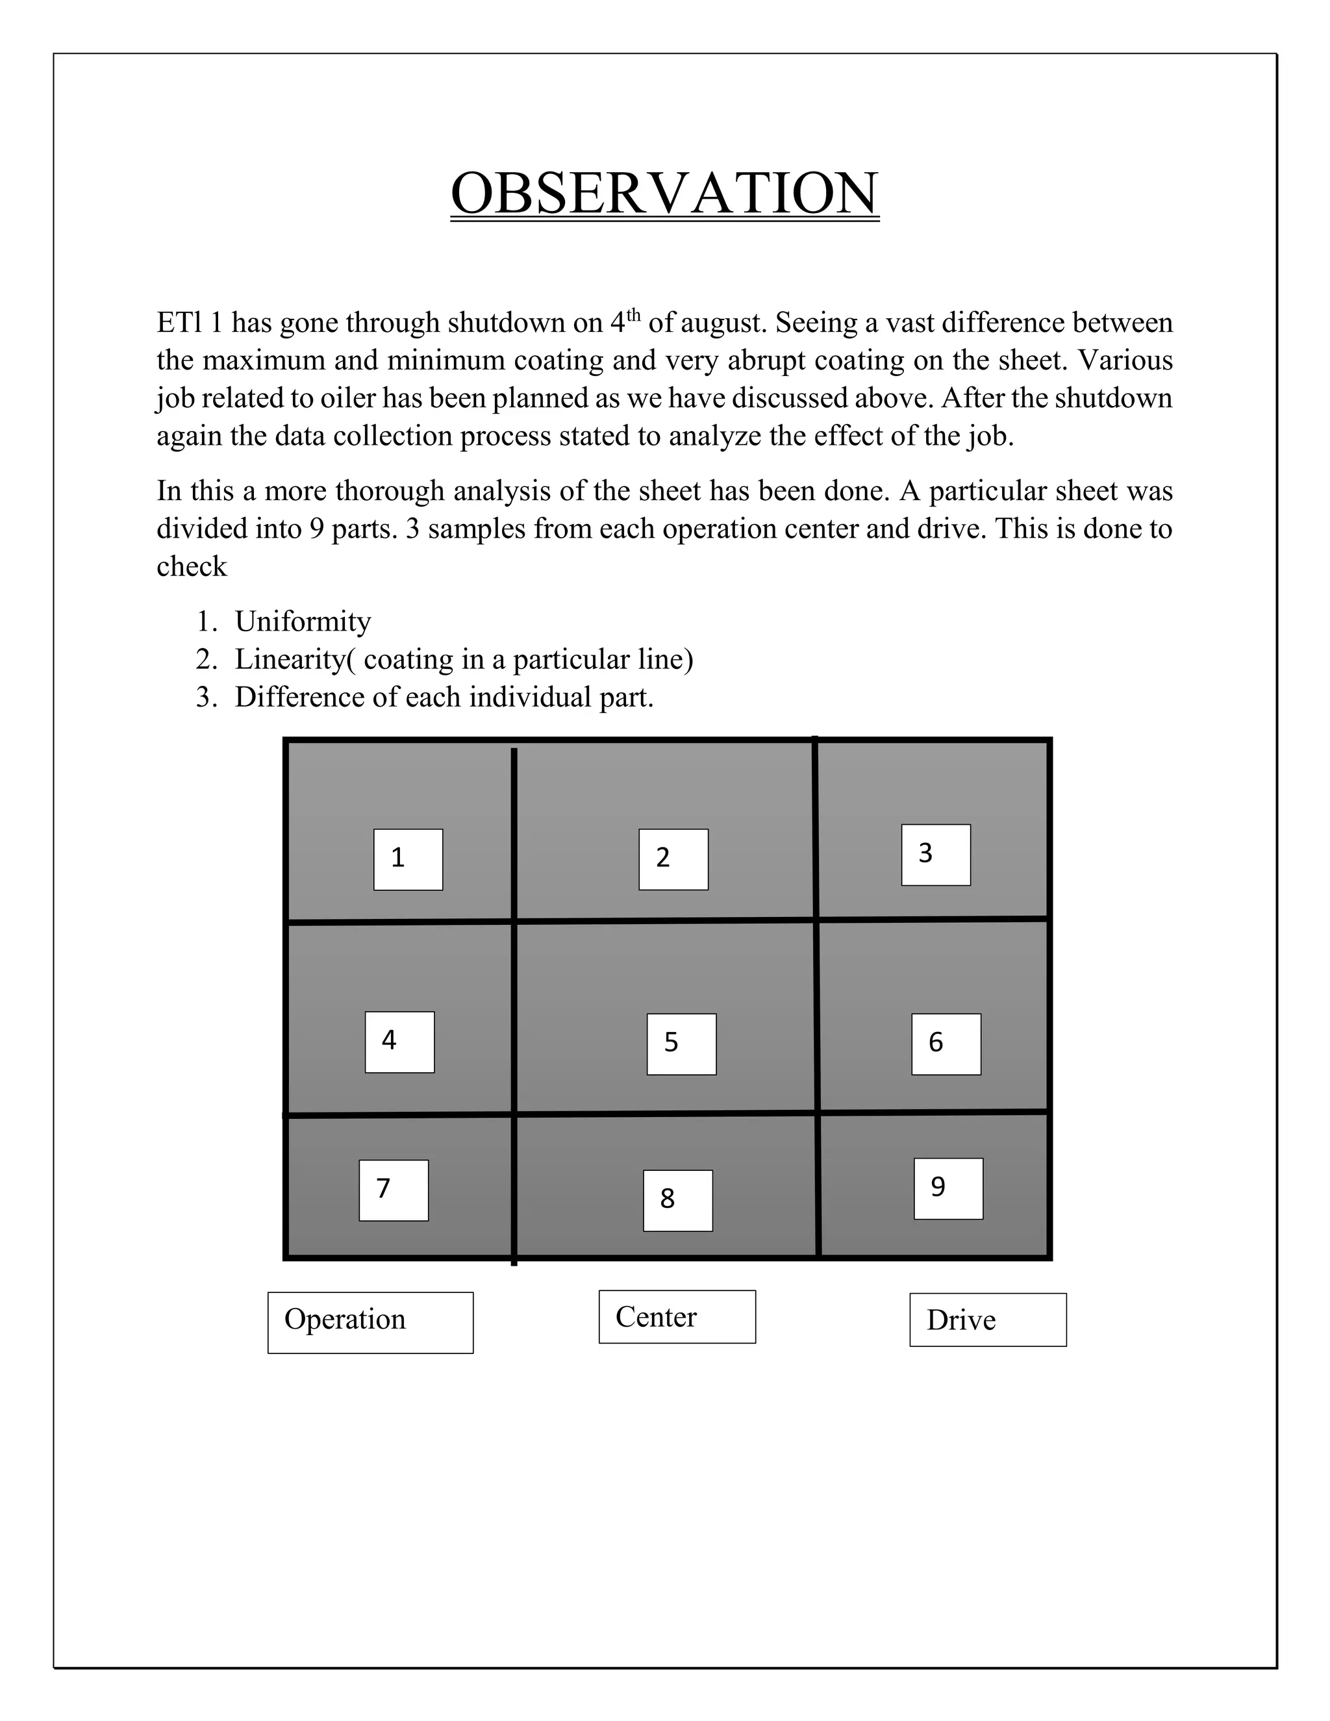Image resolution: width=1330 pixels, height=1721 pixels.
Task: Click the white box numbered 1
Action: tap(408, 859)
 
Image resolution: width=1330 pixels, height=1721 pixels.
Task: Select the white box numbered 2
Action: tap(673, 859)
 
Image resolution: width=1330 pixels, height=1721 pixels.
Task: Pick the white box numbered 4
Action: tap(399, 1042)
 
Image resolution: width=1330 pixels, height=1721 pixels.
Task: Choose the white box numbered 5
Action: tap(681, 1044)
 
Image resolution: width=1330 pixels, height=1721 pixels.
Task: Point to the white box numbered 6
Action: tap(946, 1044)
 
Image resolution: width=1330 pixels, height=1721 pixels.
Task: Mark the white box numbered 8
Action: tap(677, 1200)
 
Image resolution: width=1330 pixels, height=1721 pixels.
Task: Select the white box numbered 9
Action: tap(948, 1188)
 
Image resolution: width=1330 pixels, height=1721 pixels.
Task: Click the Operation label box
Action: tap(370, 1322)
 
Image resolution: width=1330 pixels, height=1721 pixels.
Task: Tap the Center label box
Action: tap(677, 1317)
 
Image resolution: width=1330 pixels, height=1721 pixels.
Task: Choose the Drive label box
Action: tap(987, 1320)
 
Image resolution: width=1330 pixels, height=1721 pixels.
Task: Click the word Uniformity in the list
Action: tap(303, 622)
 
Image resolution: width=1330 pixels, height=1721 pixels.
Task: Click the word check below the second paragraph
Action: tap(192, 566)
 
